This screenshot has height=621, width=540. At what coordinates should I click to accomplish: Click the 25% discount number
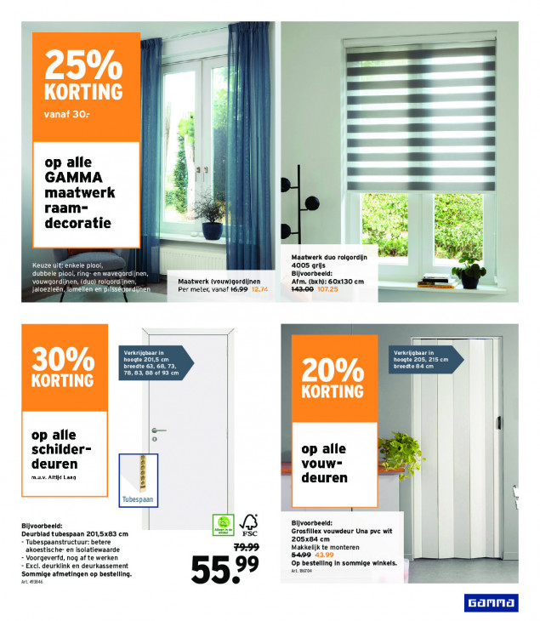tap(83, 66)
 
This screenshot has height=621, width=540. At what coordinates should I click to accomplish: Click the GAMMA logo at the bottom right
tap(489, 603)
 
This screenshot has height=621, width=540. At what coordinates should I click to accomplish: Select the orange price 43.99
tap(324, 555)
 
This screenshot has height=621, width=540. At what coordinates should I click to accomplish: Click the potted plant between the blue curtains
tap(209, 216)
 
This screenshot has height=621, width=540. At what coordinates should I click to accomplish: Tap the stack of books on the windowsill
tap(434, 280)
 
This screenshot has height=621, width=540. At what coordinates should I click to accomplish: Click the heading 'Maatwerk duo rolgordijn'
tap(333, 256)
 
